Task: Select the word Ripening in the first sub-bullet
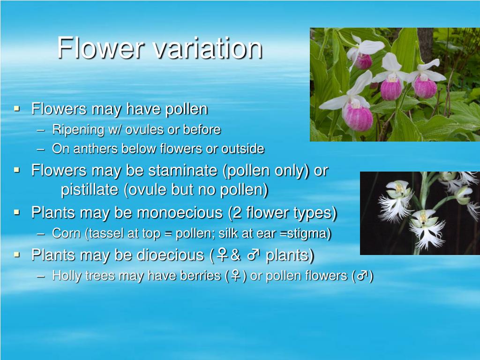tap(71, 129)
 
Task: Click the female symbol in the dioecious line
tap(223, 255)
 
